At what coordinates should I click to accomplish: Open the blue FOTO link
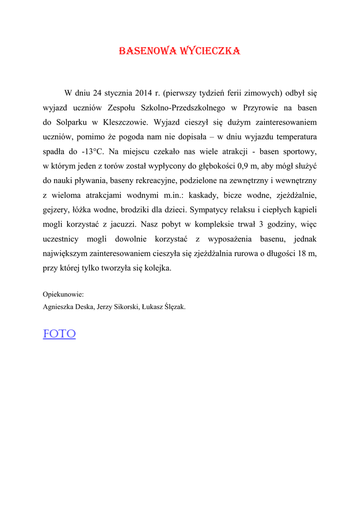click(x=59, y=334)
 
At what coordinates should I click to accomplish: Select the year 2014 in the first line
click(x=144, y=93)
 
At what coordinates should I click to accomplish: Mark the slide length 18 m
click(x=307, y=254)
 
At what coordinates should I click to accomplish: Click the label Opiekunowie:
click(x=63, y=294)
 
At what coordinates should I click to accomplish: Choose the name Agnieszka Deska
click(x=69, y=307)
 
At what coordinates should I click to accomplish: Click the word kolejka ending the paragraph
click(x=156, y=268)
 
